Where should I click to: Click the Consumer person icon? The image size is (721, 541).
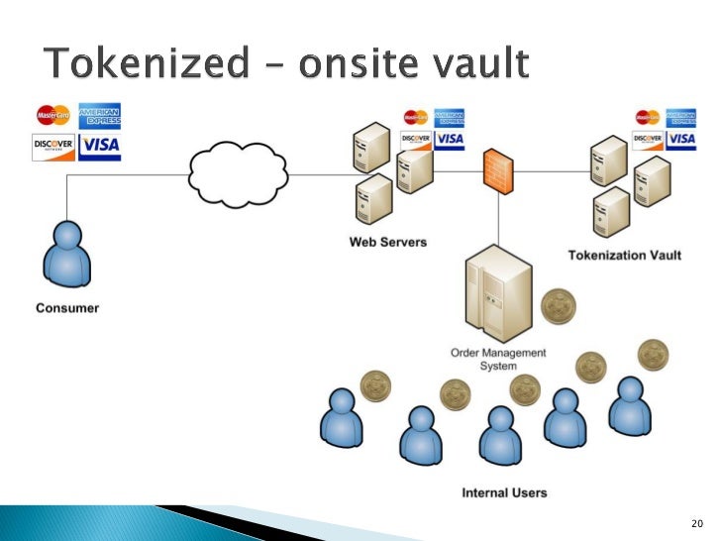click(66, 255)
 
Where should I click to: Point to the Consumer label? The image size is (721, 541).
click(67, 308)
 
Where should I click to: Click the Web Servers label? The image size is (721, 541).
click(387, 242)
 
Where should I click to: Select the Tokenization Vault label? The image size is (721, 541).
click(624, 256)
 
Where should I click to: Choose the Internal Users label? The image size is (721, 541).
click(504, 492)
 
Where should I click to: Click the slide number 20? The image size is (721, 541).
click(694, 522)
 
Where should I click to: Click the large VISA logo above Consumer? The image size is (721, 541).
click(100, 147)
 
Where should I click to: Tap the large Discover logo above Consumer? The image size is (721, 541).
click(53, 147)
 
